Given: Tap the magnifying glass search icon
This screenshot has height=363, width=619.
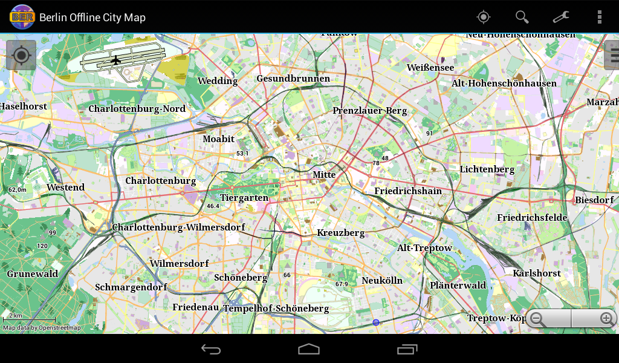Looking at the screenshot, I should click(x=522, y=17).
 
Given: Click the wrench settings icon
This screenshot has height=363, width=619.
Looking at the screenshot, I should click(x=561, y=17).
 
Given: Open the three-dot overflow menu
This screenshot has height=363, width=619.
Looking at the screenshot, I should click(x=599, y=17).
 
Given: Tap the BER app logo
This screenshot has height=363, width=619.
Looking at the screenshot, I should click(x=22, y=17).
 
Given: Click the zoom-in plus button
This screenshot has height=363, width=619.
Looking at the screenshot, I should click(x=606, y=318).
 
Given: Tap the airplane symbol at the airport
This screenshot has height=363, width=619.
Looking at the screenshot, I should click(x=116, y=59).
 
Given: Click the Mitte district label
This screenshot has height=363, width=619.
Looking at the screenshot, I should click(x=324, y=175).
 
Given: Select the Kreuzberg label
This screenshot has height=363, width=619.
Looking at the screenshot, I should click(x=341, y=233).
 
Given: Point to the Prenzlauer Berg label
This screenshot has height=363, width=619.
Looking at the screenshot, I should click(x=370, y=111).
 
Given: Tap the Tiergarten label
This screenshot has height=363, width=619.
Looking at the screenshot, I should click(x=244, y=198).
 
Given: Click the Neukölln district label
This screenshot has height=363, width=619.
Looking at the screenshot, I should click(x=382, y=281).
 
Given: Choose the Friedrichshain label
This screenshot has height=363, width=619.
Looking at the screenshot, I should click(x=408, y=191).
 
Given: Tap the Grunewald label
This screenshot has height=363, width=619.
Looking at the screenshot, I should click(x=33, y=274).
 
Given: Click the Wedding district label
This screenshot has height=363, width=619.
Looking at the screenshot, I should click(x=218, y=81).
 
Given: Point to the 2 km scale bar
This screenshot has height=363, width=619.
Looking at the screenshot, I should click(x=29, y=319).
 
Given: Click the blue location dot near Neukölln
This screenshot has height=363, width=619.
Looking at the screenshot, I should click(x=376, y=322).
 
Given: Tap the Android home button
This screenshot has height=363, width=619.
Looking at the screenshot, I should click(x=309, y=349).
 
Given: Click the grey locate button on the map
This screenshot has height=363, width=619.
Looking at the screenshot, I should click(x=21, y=56).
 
